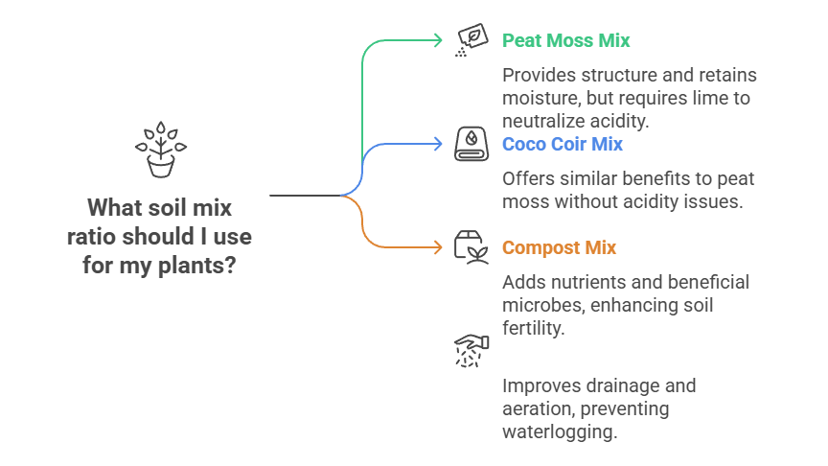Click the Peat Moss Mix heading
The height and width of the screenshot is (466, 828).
pyautogui.click(x=566, y=40)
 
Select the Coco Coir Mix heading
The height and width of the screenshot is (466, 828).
pyautogui.click(x=563, y=144)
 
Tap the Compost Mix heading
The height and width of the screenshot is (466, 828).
pyautogui.click(x=559, y=247)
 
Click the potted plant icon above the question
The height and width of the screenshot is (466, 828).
pyautogui.click(x=160, y=151)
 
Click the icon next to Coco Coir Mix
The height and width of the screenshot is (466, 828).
pyautogui.click(x=470, y=144)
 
